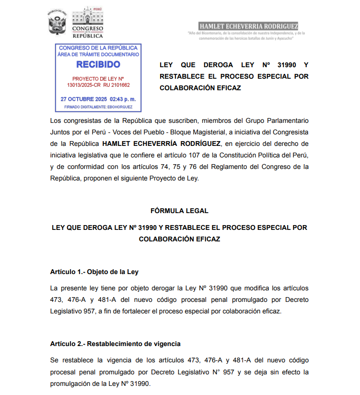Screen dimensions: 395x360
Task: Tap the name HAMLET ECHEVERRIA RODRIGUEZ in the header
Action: click(x=248, y=26)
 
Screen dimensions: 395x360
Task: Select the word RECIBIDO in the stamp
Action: click(x=98, y=64)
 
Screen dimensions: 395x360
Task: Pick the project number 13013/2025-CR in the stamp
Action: click(x=83, y=85)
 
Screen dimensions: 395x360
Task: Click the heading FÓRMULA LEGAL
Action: click(x=179, y=211)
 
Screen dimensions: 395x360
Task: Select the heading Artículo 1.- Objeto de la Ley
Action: click(x=94, y=272)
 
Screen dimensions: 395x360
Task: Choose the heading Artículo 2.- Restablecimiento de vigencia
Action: click(x=115, y=344)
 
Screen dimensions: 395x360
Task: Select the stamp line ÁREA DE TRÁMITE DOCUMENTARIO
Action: click(x=98, y=55)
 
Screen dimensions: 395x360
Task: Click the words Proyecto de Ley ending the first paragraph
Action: click(x=176, y=179)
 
